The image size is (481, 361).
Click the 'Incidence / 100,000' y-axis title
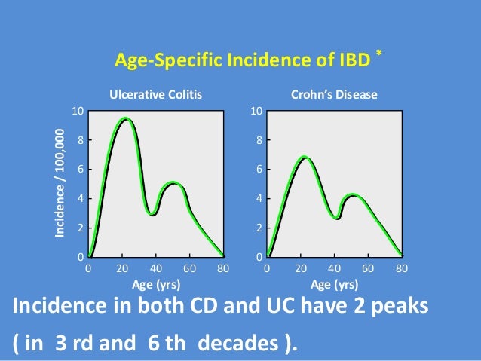click(x=60, y=185)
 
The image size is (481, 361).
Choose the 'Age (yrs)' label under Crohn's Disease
click(x=334, y=284)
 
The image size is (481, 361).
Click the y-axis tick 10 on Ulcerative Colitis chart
click(x=77, y=112)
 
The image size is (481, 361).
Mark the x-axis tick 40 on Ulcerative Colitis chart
click(x=155, y=268)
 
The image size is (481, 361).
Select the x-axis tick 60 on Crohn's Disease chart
click(x=368, y=268)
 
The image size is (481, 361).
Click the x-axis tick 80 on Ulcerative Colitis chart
click(x=223, y=268)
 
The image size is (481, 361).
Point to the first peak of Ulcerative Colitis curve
click(x=126, y=118)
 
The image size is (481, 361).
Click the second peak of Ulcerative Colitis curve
click(x=173, y=183)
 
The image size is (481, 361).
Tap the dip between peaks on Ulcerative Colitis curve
click(x=153, y=214)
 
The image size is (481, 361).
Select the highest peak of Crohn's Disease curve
click(x=304, y=158)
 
